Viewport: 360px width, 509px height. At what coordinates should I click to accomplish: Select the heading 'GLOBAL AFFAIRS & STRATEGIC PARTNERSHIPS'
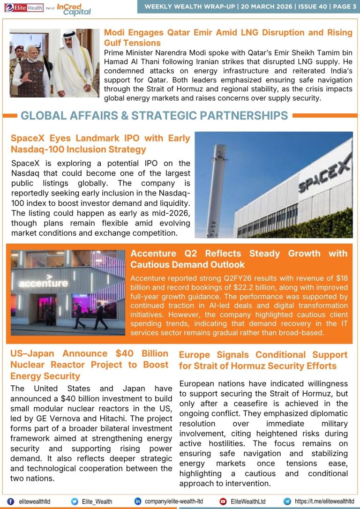coord(154,115)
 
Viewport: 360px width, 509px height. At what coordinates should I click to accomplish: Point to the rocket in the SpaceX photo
coord(213,187)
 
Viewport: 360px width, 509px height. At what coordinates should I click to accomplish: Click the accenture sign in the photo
coord(43,283)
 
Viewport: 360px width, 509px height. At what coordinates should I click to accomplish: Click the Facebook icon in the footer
coord(10,501)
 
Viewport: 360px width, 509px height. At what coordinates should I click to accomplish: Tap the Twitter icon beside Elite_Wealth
coord(75,501)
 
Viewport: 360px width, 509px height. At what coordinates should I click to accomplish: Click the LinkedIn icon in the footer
coord(138,501)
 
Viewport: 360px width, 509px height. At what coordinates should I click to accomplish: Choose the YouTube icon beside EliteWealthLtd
coord(223,501)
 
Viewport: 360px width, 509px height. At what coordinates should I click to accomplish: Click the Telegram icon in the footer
coord(287,501)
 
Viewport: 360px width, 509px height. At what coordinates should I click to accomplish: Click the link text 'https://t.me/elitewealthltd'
coord(324,501)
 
